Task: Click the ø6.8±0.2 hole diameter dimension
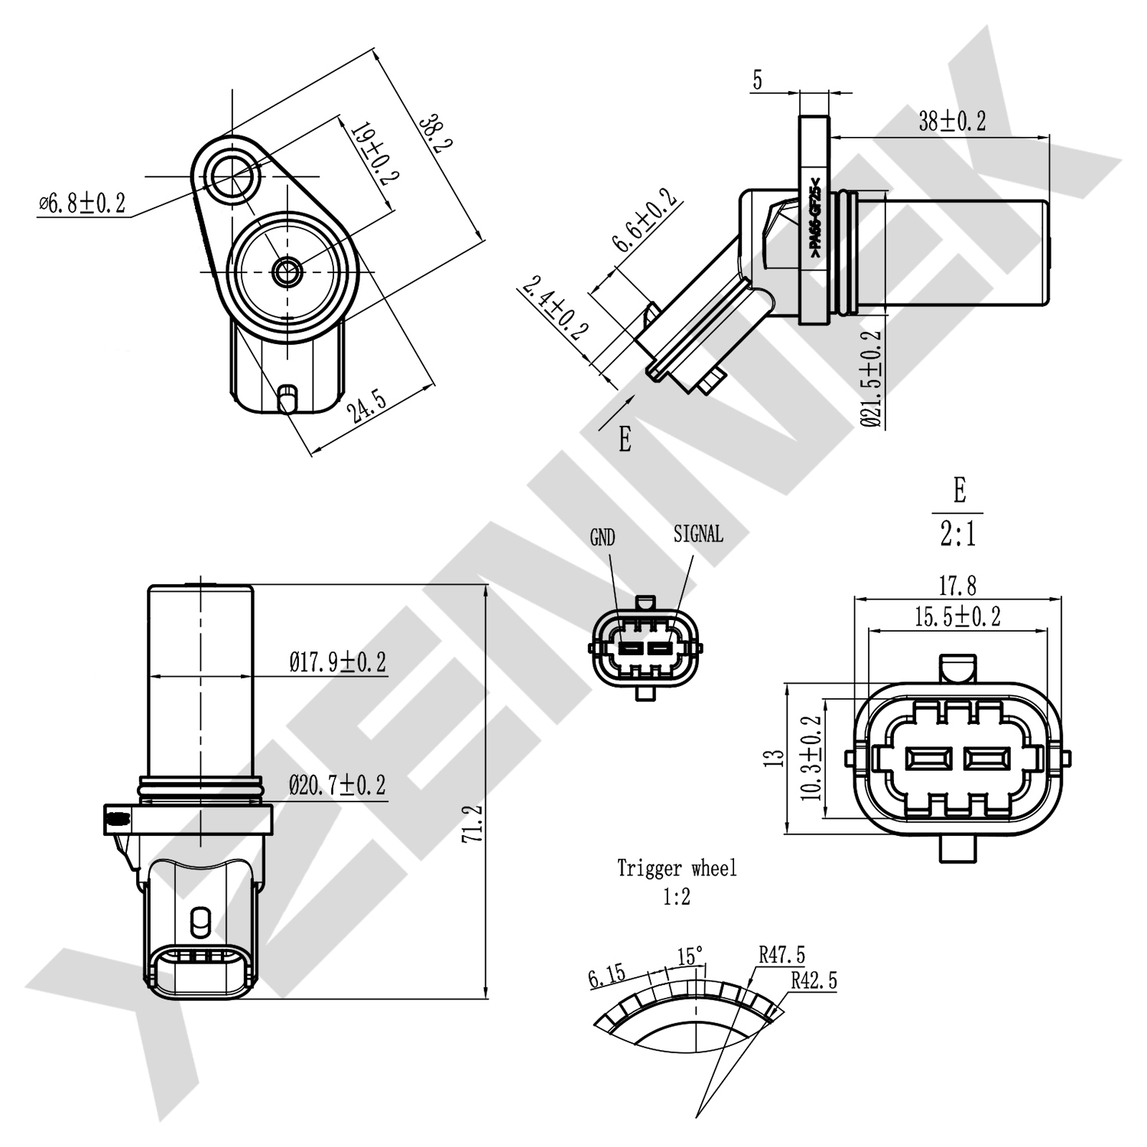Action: tap(82, 203)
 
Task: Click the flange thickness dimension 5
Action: tap(757, 80)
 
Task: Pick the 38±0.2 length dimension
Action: tap(952, 121)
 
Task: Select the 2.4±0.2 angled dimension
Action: tap(556, 307)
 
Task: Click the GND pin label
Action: tap(603, 538)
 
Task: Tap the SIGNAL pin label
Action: tap(698, 535)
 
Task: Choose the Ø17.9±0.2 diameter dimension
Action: tap(337, 661)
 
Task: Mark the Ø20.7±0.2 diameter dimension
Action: tap(337, 785)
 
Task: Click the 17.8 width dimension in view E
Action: tap(957, 586)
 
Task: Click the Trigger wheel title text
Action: tap(677, 869)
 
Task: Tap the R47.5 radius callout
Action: tap(781, 955)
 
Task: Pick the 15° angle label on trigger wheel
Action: tap(690, 957)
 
